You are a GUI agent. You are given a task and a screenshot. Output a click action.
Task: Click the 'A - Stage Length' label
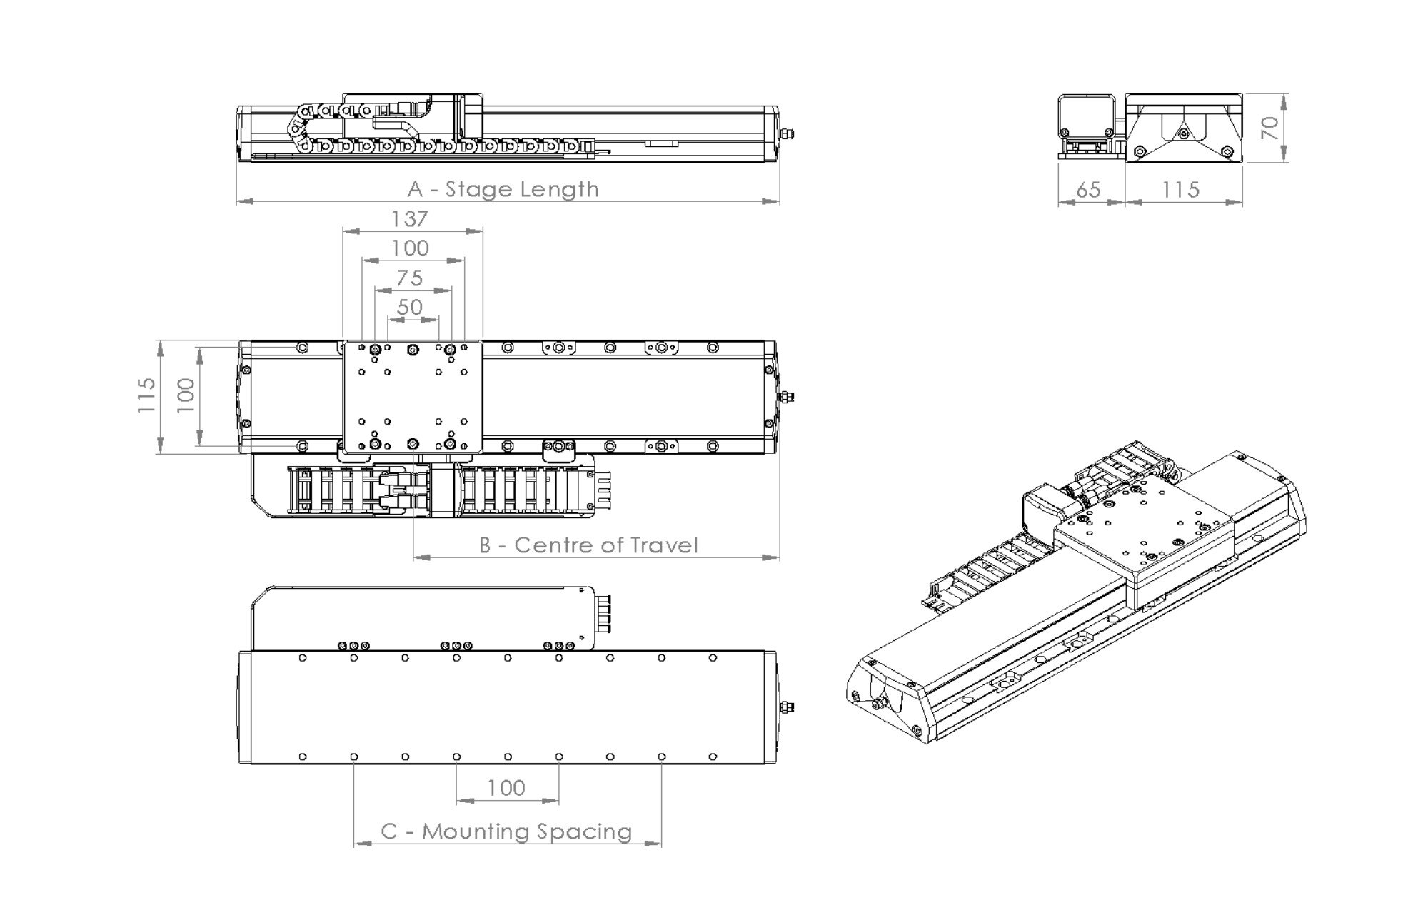[x=503, y=189]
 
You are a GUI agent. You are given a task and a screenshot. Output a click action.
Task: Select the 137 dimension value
[x=410, y=218]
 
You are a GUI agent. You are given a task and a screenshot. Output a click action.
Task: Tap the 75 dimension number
[x=410, y=278]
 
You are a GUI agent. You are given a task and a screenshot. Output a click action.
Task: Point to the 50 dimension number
[x=410, y=307]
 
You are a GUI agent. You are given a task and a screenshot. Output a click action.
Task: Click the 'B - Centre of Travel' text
[x=588, y=545]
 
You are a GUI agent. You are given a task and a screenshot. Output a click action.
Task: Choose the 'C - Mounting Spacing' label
[x=506, y=831]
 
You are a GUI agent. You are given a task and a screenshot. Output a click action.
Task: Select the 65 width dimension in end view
[x=1087, y=190]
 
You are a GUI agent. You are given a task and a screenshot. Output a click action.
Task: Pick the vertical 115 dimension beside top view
[x=146, y=395]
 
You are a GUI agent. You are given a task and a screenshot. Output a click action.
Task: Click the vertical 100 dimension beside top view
[x=186, y=395]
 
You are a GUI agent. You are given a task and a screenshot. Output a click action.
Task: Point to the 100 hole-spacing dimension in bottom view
[x=506, y=788]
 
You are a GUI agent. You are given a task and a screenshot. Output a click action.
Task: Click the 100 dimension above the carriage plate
[x=410, y=248]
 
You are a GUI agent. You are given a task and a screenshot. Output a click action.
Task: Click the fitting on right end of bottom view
[x=788, y=707]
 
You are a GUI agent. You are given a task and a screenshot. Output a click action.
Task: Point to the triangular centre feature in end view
[x=1182, y=133]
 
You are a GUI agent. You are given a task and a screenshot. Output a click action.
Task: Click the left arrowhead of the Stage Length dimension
[x=243, y=201]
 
